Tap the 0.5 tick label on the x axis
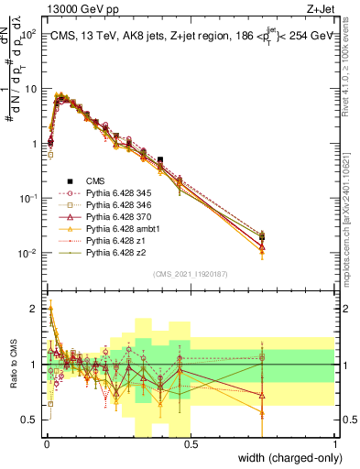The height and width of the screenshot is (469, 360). [x=191, y=443]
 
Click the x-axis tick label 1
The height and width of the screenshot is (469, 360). [x=334, y=443]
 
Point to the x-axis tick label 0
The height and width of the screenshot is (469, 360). [x=48, y=443]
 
